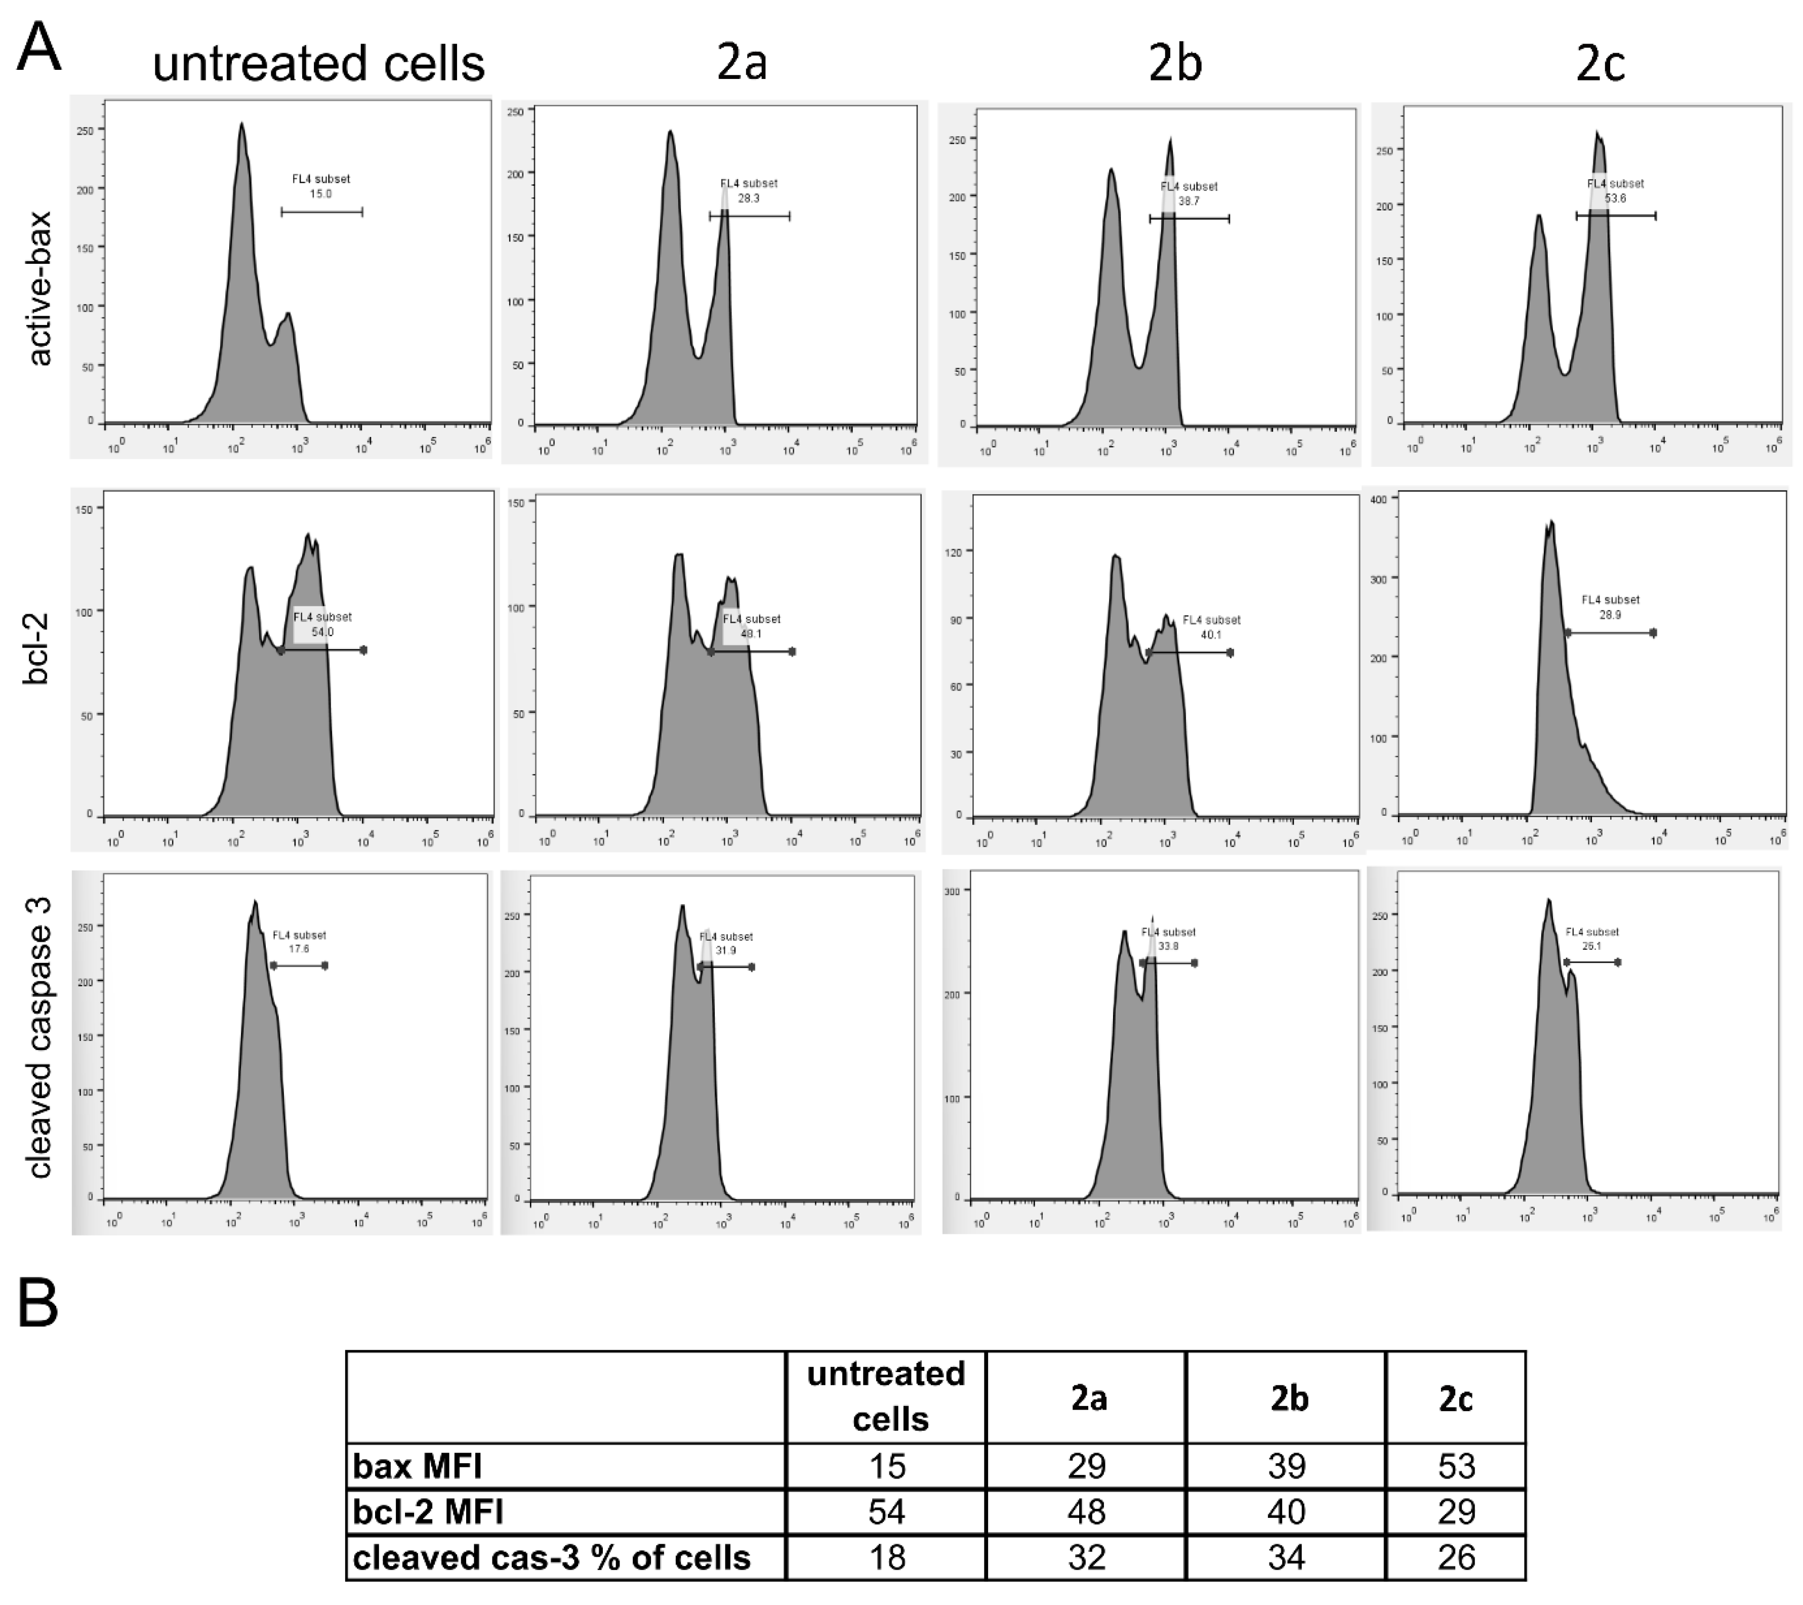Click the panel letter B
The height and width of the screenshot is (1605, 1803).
38,1304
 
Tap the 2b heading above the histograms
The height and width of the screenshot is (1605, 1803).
1175,64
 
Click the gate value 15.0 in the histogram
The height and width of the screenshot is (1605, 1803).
320,194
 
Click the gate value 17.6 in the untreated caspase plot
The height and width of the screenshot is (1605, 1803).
299,949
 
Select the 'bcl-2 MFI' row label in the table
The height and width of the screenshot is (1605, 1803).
429,1512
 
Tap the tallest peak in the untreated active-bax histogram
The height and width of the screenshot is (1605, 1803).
241,126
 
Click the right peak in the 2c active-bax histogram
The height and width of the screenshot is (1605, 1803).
1597,135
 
